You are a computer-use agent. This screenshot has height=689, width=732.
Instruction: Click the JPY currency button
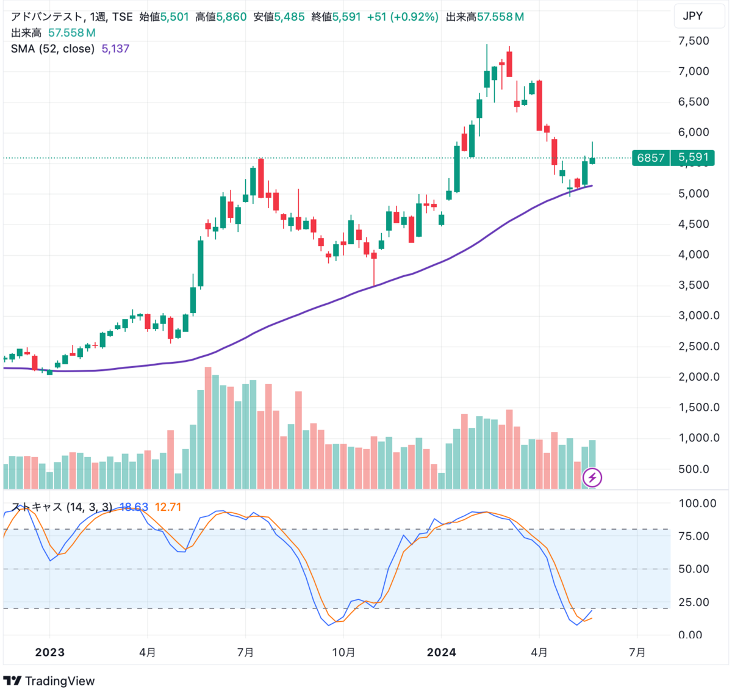pyautogui.click(x=692, y=16)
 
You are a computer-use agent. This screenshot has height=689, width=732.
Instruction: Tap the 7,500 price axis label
pyautogui.click(x=694, y=41)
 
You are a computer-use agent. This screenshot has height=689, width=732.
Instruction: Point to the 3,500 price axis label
pyautogui.click(x=694, y=285)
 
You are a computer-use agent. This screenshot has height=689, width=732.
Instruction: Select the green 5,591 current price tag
pyautogui.click(x=693, y=157)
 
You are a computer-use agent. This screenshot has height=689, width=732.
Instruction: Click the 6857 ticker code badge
pyautogui.click(x=650, y=157)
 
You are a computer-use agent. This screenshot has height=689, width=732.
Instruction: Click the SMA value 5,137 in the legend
pyautogui.click(x=115, y=49)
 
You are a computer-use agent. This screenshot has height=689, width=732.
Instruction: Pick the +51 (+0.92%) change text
pyautogui.click(x=403, y=17)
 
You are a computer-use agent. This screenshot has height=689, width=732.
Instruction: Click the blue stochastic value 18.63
pyautogui.click(x=134, y=507)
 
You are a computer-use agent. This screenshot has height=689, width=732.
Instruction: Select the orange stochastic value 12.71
pyautogui.click(x=168, y=507)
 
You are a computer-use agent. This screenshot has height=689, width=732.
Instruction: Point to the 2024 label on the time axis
pyautogui.click(x=441, y=652)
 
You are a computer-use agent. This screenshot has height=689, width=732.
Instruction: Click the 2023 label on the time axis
pyautogui.click(x=49, y=652)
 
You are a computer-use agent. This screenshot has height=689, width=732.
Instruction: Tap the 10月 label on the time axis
pyautogui.click(x=343, y=652)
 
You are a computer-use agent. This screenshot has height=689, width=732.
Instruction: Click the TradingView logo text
pyautogui.click(x=59, y=681)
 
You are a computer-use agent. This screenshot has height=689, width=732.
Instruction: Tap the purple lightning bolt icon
pyautogui.click(x=592, y=477)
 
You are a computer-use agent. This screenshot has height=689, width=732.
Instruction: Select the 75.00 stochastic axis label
pyautogui.click(x=694, y=536)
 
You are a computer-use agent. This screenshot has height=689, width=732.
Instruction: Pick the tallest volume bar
pyautogui.click(x=208, y=427)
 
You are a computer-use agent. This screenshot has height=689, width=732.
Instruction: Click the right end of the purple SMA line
pyautogui.click(x=591, y=186)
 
